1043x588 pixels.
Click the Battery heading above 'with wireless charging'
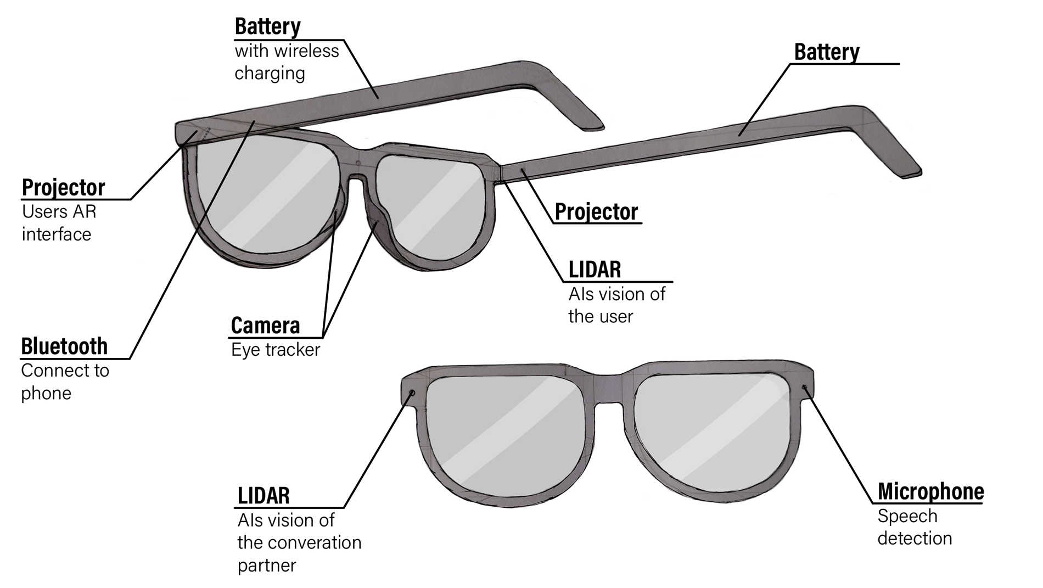267,26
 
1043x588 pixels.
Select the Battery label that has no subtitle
826,52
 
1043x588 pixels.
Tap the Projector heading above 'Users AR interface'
63,188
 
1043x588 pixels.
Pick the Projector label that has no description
596,212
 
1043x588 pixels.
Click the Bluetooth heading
64,347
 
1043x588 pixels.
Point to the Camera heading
265,326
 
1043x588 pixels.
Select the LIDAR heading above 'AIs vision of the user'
595,270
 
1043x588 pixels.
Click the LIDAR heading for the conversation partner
263,496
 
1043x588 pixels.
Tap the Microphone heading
930,491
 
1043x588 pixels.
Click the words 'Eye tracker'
276,350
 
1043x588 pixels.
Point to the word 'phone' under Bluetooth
46,393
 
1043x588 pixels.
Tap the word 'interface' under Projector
57,234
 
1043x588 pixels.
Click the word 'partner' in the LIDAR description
267,565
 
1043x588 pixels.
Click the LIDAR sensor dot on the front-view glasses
412,393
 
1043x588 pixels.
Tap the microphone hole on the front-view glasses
804,388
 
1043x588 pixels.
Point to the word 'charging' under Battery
270,74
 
